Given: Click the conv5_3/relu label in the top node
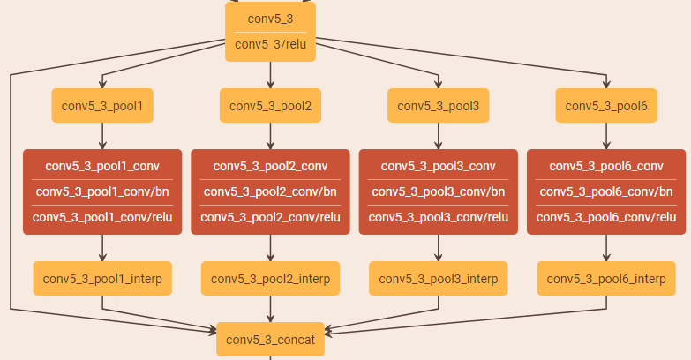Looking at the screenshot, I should [x=270, y=45].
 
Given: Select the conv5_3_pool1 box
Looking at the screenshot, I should [x=102, y=106].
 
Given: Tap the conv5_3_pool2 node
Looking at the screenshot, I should [x=270, y=106].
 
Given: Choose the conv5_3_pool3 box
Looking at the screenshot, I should [x=438, y=106].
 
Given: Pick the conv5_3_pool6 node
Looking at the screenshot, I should [x=606, y=106].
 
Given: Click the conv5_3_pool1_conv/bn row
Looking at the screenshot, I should [x=102, y=191].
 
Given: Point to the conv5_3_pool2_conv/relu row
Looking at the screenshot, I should [x=270, y=217].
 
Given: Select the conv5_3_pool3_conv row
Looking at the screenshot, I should [x=438, y=166].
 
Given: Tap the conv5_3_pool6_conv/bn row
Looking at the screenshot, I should [x=606, y=191].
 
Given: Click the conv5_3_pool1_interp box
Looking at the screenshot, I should [x=102, y=279].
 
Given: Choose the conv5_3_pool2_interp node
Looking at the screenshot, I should [x=270, y=279].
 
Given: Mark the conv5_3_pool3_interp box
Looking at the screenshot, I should [x=438, y=279].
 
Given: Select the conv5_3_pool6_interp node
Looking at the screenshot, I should [x=606, y=279].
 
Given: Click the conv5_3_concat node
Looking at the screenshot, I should [x=270, y=340].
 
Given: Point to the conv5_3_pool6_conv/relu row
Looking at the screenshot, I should [x=606, y=217].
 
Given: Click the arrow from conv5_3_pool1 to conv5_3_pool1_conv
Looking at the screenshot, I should [x=102, y=136].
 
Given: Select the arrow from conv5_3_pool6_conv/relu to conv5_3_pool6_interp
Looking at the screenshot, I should [x=606, y=248].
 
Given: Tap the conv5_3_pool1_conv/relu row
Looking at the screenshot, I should [x=102, y=217].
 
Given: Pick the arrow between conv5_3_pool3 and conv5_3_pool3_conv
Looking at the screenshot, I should [x=438, y=136].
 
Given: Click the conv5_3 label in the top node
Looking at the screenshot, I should [x=270, y=18].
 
